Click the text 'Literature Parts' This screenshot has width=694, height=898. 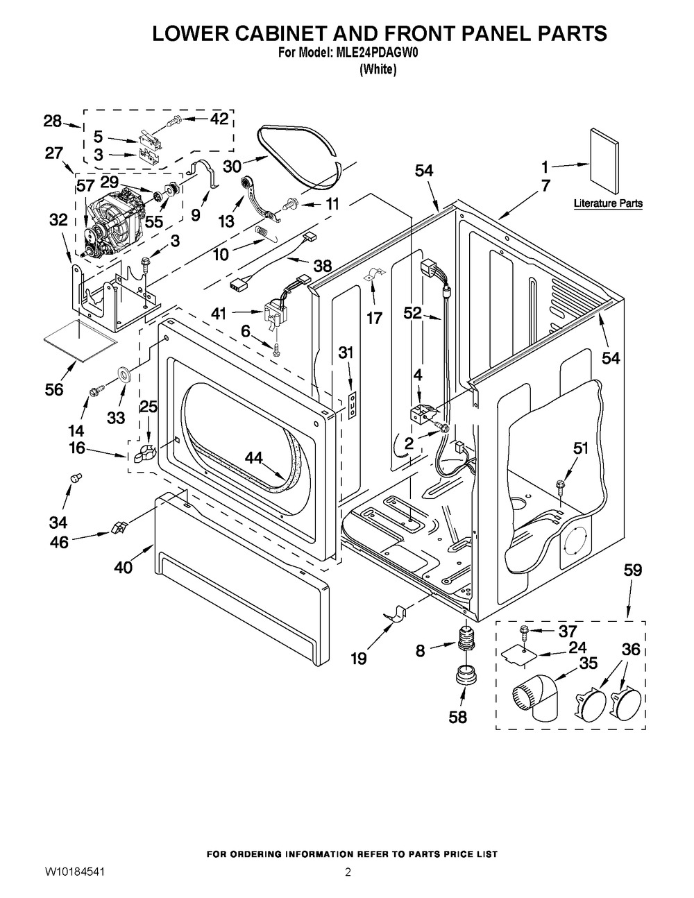pyautogui.click(x=608, y=204)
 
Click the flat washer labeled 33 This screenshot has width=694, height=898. pyautogui.click(x=126, y=375)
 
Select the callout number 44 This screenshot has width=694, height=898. pyautogui.click(x=254, y=457)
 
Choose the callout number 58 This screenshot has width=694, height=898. pyautogui.click(x=457, y=717)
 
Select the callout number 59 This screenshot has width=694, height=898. pyautogui.click(x=632, y=570)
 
